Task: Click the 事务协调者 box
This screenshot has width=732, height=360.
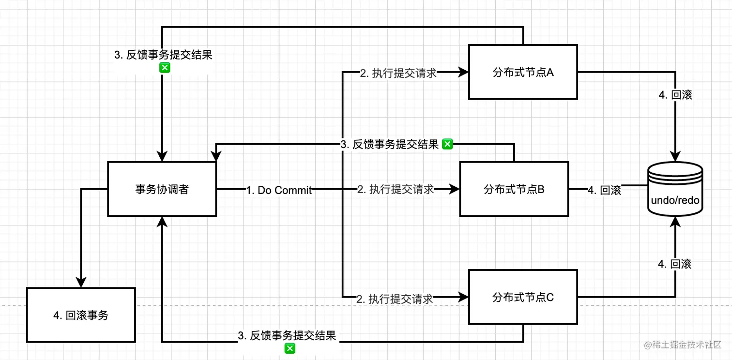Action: pos(162,189)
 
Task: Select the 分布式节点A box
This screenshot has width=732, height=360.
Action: pos(523,72)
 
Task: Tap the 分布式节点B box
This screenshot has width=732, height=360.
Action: pos(514,189)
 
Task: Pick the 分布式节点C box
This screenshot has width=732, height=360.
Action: pos(523,297)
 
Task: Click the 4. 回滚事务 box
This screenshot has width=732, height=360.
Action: pos(81,315)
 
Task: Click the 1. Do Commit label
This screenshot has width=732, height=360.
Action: pos(278,190)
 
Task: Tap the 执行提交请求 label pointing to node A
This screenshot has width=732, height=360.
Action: pos(398,73)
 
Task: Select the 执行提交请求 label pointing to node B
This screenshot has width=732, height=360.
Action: pos(395,189)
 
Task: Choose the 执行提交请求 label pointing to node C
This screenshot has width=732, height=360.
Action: pos(395,299)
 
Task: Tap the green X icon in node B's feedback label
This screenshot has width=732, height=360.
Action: pos(447,144)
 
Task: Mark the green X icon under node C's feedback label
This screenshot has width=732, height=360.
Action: pos(290,348)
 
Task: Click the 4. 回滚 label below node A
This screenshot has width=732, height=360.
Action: pos(675,95)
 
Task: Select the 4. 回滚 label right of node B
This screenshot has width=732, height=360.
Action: pos(604,190)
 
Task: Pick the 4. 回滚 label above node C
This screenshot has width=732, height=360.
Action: pos(674,264)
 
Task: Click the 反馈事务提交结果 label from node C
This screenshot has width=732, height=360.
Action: pos(287,336)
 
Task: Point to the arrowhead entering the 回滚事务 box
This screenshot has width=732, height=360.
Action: pos(81,282)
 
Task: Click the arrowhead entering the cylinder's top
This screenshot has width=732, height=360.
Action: pos(675,156)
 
